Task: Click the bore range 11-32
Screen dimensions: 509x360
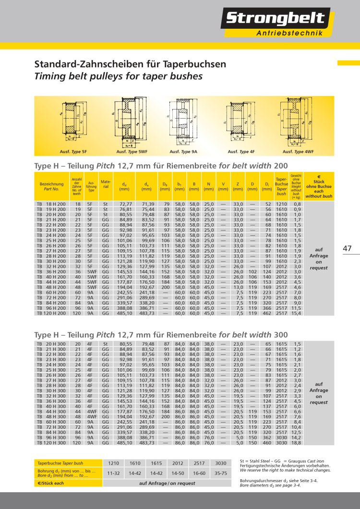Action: coord(114,473)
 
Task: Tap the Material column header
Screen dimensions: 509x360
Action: coord(106,184)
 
